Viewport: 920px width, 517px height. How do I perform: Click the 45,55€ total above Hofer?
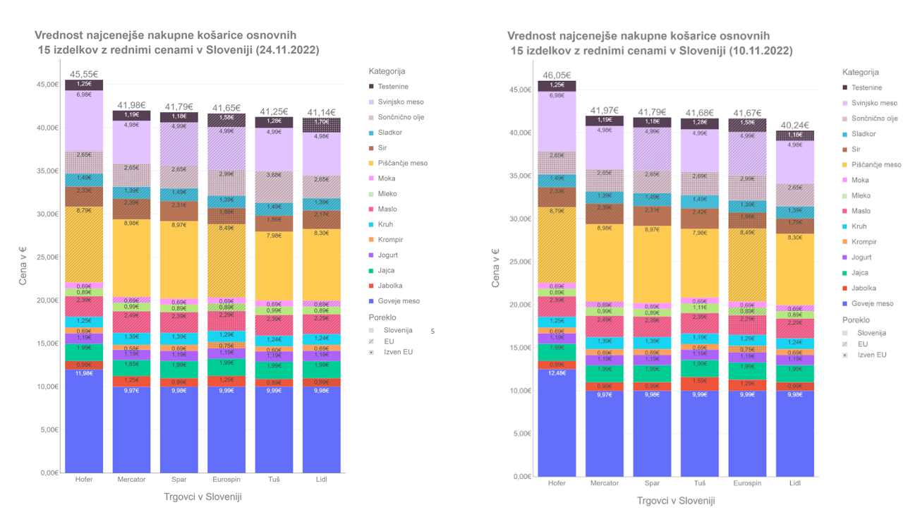(x=84, y=73)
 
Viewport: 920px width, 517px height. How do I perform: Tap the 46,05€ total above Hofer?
(x=557, y=75)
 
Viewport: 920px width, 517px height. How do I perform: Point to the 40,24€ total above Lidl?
(x=794, y=126)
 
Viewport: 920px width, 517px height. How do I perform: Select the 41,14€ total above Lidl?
(x=322, y=112)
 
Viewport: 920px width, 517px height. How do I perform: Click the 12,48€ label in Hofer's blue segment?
(x=557, y=373)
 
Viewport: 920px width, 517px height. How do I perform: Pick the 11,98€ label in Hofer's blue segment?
(x=84, y=373)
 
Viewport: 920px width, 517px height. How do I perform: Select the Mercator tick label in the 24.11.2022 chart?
(x=131, y=480)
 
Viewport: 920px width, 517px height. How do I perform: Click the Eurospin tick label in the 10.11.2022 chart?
(x=747, y=483)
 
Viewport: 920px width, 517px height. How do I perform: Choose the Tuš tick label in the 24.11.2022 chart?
(x=274, y=480)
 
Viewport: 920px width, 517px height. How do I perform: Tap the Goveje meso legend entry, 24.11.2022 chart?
(x=398, y=301)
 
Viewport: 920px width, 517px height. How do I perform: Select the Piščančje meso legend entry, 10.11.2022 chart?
(x=876, y=165)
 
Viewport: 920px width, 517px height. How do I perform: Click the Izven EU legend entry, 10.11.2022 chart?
(x=871, y=355)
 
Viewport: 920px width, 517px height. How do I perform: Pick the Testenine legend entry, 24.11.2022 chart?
(x=392, y=87)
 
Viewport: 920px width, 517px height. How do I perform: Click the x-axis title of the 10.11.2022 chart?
(x=676, y=501)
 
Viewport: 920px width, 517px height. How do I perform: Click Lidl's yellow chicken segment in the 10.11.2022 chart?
(x=794, y=268)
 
